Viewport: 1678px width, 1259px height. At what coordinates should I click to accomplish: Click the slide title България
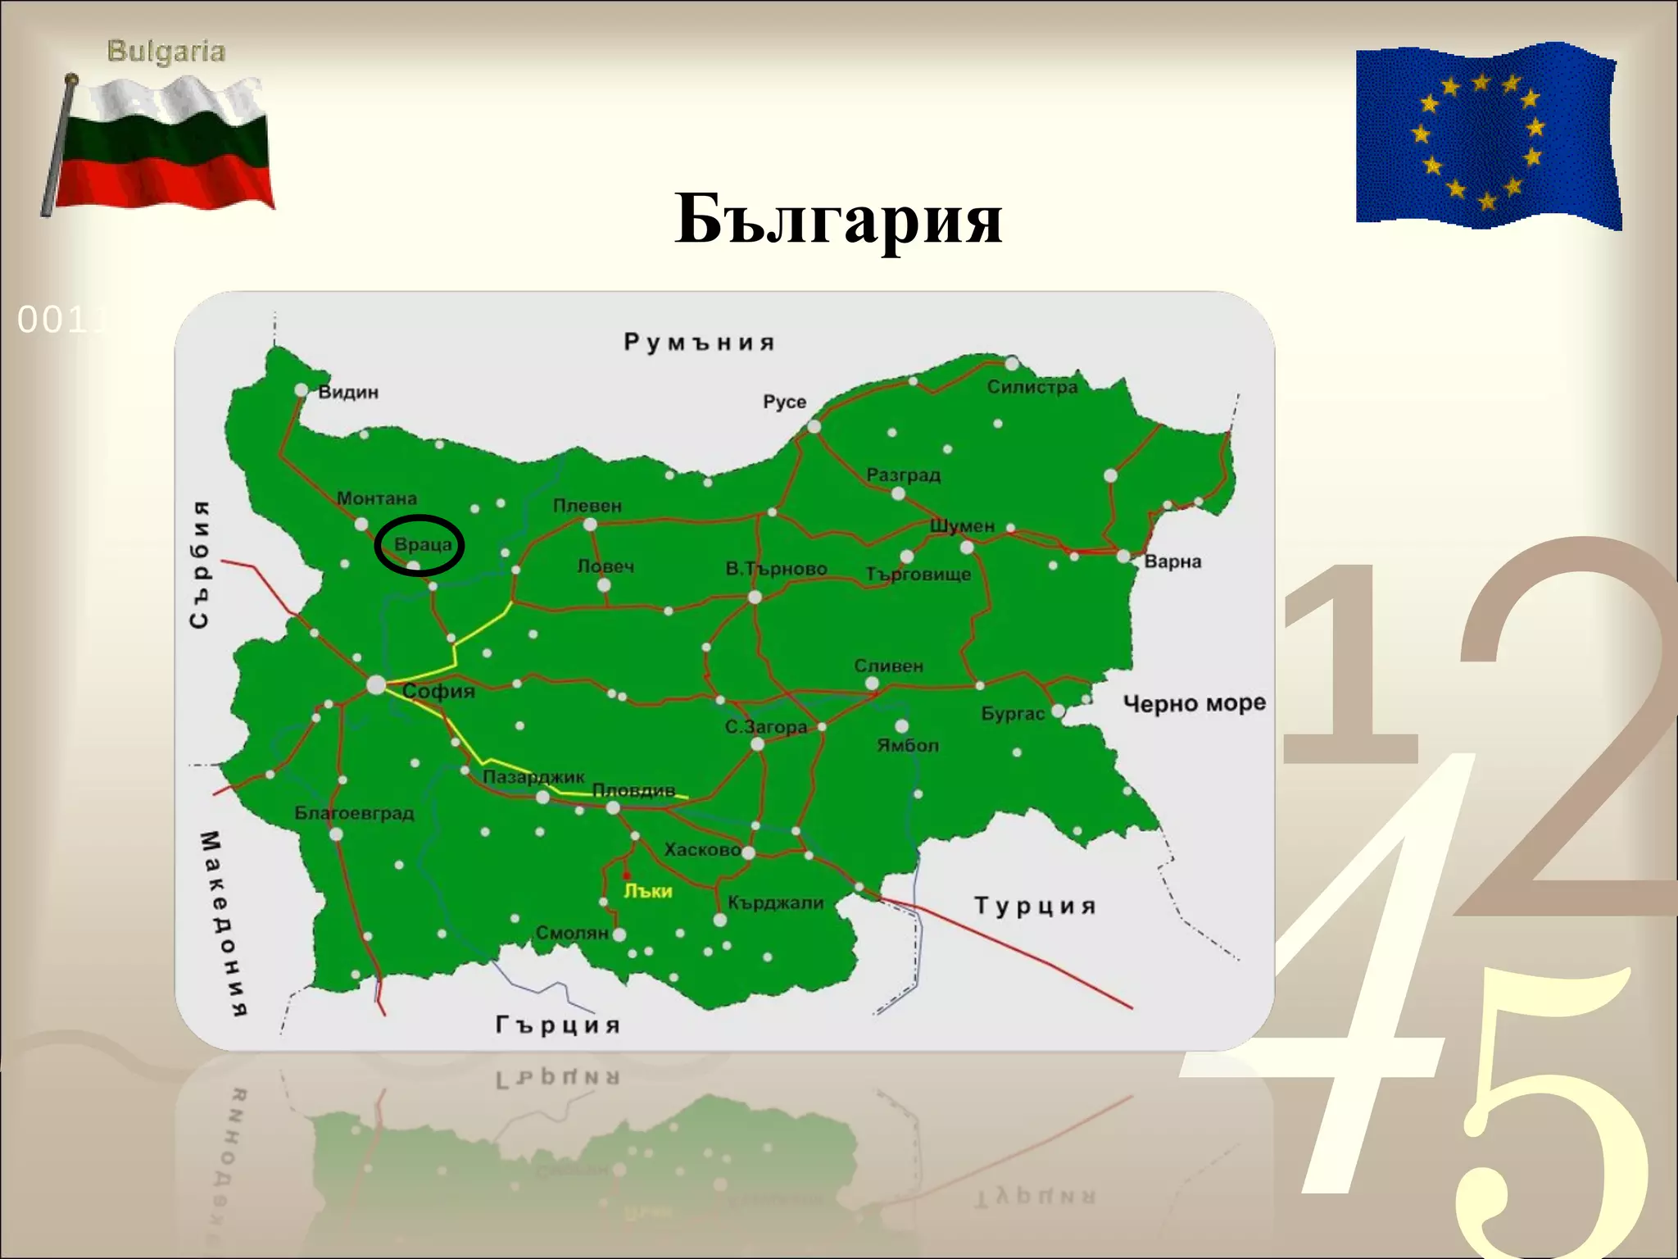(x=838, y=220)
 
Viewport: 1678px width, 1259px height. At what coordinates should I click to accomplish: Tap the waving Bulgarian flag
(x=164, y=146)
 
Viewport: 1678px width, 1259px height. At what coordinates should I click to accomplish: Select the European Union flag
(x=1487, y=136)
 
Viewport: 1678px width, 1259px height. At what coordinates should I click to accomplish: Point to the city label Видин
(x=348, y=392)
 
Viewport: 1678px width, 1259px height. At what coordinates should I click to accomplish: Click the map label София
(x=438, y=692)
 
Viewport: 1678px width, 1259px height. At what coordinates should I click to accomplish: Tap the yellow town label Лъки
(x=648, y=891)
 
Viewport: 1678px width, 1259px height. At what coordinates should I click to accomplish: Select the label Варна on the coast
(x=1172, y=561)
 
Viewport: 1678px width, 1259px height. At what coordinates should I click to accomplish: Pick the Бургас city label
(x=1013, y=714)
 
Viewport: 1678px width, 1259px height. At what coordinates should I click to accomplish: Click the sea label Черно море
(x=1194, y=703)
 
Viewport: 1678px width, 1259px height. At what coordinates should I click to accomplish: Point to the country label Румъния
(x=699, y=342)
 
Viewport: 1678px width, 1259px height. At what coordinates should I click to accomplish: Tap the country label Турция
(x=1035, y=906)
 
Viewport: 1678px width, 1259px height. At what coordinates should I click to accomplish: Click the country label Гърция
(x=558, y=1025)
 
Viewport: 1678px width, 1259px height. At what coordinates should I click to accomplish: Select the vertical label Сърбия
(x=200, y=565)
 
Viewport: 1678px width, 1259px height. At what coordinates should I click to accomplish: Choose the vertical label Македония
(x=222, y=923)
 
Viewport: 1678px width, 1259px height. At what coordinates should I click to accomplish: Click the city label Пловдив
(x=633, y=790)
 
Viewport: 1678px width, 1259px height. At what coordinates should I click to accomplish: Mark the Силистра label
(x=1032, y=387)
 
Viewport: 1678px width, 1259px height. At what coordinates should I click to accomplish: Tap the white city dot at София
(x=376, y=684)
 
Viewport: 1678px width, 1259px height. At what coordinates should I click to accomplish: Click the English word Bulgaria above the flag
(x=166, y=52)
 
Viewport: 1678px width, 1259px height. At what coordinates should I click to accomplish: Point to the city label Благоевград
(x=354, y=813)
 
